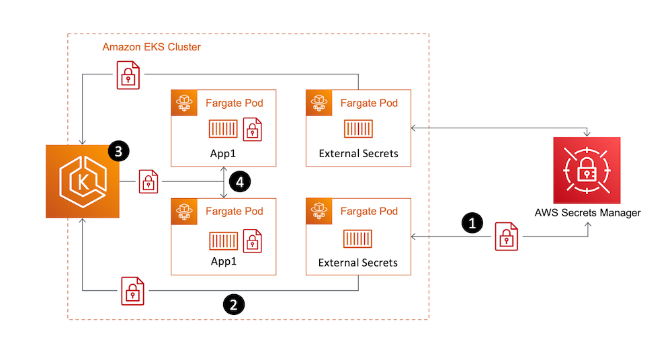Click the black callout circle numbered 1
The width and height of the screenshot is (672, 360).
473,223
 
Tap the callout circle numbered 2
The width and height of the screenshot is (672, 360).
233,304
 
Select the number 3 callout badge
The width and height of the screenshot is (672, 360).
118,152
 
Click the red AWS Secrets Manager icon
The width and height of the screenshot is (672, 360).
587,171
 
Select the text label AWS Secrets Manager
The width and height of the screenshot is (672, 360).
587,213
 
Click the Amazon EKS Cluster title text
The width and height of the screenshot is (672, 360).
151,47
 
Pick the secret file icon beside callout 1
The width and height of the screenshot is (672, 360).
506,237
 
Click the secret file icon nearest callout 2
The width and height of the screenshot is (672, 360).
132,290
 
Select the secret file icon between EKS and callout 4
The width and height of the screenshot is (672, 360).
149,181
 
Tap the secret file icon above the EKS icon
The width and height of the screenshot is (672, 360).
128,75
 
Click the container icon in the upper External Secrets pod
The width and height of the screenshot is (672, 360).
358,129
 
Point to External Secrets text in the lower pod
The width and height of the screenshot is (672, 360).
358,262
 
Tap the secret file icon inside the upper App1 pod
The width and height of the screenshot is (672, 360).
253,130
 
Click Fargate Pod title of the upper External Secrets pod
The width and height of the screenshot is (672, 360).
369,103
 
